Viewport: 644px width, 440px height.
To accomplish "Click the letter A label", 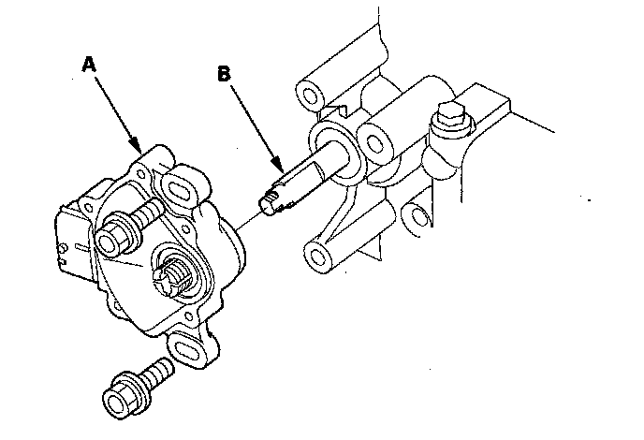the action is click(x=89, y=64).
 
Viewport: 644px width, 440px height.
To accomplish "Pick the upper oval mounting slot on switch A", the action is click(x=180, y=183).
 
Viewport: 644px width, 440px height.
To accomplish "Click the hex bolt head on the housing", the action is click(x=446, y=120).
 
